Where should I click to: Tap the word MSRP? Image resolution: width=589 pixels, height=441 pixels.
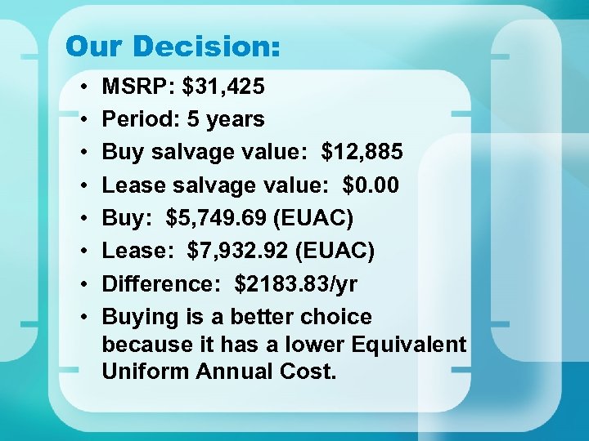click(133, 86)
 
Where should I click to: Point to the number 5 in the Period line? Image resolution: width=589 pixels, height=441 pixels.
click(193, 119)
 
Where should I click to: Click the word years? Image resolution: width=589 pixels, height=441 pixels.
click(235, 119)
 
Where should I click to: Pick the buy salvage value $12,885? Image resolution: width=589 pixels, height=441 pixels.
click(362, 152)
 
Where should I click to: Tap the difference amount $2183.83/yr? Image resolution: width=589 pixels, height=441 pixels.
click(295, 283)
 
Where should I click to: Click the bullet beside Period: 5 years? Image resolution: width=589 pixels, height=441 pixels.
click(86, 120)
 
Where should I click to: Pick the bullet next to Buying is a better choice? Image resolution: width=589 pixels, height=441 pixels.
click(86, 318)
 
